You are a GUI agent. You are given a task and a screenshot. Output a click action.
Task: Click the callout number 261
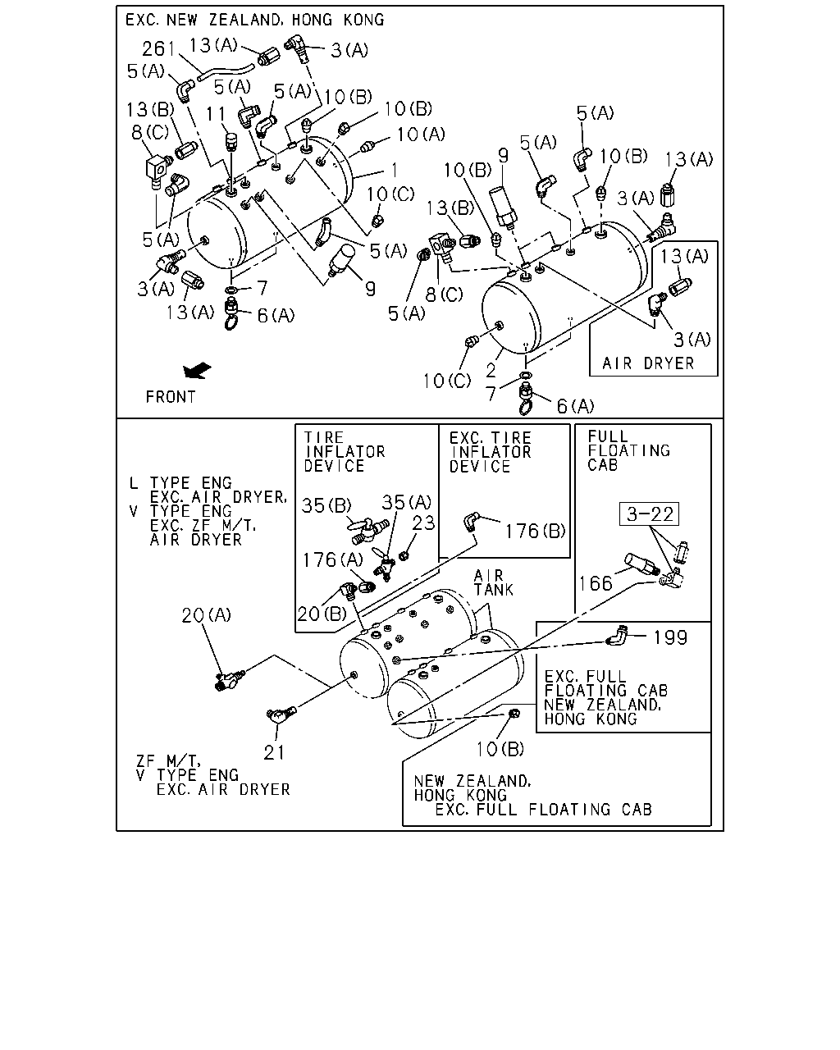coord(158,48)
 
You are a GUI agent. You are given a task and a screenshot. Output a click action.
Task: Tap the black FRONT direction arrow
coord(197,371)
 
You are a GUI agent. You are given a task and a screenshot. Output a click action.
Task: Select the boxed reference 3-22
coord(649,514)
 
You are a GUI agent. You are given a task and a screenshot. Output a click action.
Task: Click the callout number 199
coord(670,637)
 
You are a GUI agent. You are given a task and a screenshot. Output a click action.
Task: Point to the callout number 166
coord(595,583)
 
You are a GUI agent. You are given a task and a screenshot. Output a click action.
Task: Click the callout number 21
coord(274,752)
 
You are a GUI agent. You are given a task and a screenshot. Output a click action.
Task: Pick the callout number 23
coord(422,523)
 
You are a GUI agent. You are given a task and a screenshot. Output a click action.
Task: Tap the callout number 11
coord(215,114)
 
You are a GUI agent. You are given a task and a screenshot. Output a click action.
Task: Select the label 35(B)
coord(326,505)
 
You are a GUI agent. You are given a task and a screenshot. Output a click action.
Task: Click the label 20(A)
coord(206,614)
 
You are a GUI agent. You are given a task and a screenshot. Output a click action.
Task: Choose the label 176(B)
coord(535,531)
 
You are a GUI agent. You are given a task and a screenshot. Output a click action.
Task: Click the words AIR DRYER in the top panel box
coord(648,363)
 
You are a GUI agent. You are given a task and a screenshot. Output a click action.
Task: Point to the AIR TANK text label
coord(493,582)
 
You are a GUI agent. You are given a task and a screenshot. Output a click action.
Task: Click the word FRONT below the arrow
coord(171,397)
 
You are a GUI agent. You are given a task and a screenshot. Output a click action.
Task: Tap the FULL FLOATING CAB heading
coord(628,451)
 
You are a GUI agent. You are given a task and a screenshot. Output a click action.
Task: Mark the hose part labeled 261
coord(226,71)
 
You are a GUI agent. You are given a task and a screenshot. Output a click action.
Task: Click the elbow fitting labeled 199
coord(616,635)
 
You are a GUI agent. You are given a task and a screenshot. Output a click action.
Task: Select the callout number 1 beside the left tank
coord(395,171)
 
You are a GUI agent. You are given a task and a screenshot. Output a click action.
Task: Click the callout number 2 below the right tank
coord(491,370)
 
